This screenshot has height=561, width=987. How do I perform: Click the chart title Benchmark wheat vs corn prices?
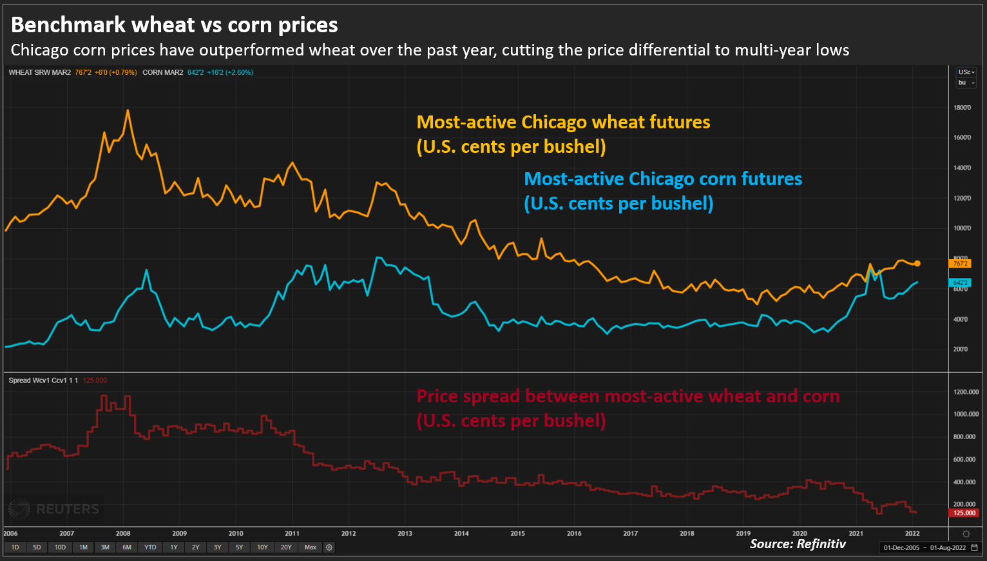point(174,25)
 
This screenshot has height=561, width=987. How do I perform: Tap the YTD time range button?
point(150,547)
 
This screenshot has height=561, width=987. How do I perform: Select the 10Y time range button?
point(262,547)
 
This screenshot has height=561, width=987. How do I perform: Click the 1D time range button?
point(15,547)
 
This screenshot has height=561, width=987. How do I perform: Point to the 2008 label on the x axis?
point(123,533)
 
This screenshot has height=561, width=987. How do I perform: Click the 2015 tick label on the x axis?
point(517,533)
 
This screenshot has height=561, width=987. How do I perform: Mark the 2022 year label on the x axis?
point(912,533)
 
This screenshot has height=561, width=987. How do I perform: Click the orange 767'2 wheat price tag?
point(960,264)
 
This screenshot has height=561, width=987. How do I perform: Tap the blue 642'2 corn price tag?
point(960,283)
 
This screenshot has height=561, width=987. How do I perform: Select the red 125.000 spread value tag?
point(964,513)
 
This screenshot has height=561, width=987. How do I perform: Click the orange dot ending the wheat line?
point(917,264)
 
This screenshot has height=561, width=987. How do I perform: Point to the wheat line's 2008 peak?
point(128,111)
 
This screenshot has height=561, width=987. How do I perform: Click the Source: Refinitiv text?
point(798,544)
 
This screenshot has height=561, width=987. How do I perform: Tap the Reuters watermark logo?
point(54,509)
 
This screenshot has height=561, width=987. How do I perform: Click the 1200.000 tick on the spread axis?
point(966,392)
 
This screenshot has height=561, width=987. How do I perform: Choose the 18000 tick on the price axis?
point(962,108)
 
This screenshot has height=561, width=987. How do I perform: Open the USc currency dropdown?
point(966,72)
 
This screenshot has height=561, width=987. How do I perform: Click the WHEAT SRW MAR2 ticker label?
point(40,72)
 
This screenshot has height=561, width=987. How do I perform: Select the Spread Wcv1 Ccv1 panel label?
point(43,380)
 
